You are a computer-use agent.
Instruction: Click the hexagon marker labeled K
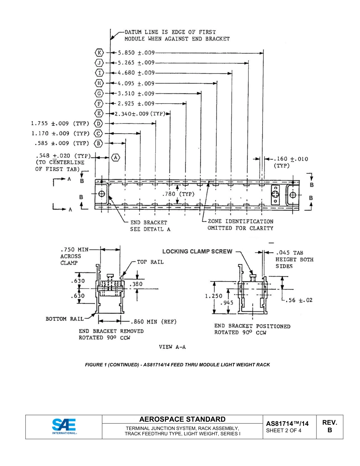point(99,53)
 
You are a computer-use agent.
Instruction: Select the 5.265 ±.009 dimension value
point(136,63)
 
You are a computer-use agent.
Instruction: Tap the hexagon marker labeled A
point(116,157)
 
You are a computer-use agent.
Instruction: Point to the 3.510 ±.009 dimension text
point(136,94)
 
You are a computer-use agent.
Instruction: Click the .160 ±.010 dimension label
point(291,159)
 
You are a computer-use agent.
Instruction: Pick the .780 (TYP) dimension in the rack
point(178,194)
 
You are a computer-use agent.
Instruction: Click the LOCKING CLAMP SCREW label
point(197,251)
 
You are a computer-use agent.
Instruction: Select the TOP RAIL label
point(150,262)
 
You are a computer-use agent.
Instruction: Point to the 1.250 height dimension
point(213,296)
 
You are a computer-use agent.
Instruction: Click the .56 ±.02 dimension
point(300,300)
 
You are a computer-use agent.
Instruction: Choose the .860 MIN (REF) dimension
point(153,322)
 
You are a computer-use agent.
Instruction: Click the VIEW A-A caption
point(172,347)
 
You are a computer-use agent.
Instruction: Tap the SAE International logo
point(64,426)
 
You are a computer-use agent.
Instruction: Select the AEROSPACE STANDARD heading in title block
point(182,419)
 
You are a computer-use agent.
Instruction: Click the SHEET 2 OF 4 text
point(284,430)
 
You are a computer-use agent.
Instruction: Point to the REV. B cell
point(329,426)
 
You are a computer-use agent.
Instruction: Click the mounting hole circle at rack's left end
point(101,194)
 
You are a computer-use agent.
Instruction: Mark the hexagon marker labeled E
point(99,114)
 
